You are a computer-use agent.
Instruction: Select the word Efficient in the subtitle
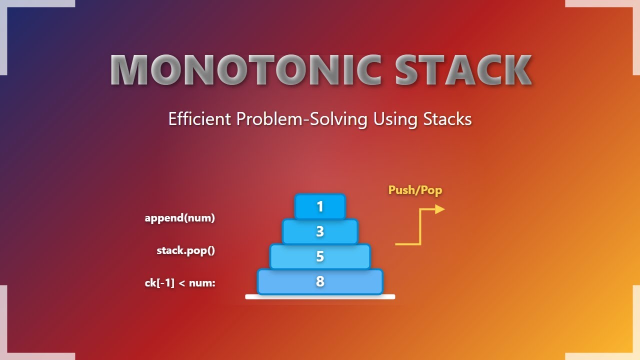(199, 119)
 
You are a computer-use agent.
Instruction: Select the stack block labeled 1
(320, 206)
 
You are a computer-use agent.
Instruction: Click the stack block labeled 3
(320, 231)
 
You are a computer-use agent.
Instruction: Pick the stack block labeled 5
(320, 256)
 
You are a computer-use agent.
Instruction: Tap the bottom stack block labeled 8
(320, 281)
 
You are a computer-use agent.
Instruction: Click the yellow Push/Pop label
(415, 190)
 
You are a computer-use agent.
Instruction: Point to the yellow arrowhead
(440, 209)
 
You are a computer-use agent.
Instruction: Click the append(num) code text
(179, 218)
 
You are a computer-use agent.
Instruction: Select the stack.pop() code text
(185, 250)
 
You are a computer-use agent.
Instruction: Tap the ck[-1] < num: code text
(180, 283)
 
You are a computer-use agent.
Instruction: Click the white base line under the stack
(320, 297)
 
